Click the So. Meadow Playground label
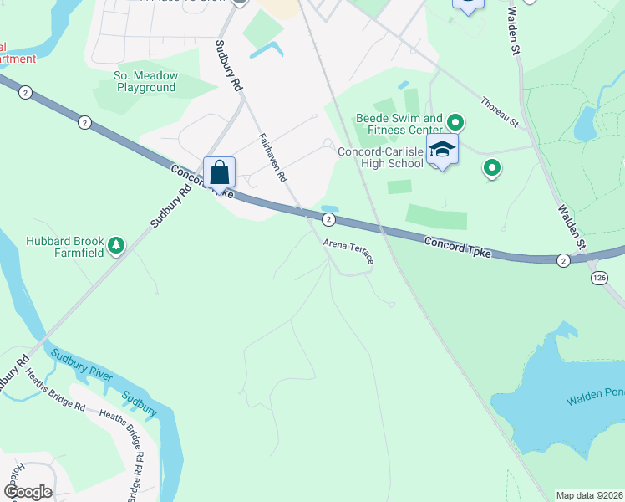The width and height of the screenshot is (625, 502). tap(146, 81)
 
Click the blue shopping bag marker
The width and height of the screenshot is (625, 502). tap(219, 173)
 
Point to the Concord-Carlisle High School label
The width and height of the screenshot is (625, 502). tap(380, 157)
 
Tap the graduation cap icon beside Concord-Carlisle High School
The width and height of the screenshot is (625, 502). tap(441, 151)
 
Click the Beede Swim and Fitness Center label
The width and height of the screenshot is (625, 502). tap(399, 124)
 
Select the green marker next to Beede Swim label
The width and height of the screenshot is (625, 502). tap(455, 121)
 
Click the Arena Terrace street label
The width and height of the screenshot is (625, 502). tap(348, 252)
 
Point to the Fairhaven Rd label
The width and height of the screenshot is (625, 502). tap(272, 158)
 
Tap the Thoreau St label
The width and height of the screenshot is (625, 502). tap(500, 113)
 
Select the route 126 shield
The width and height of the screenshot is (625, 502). tap(598, 276)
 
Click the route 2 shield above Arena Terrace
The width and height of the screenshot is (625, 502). tap(329, 219)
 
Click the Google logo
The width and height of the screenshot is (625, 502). tap(28, 492)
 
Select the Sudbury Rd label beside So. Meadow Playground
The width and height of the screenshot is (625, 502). tap(227, 66)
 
